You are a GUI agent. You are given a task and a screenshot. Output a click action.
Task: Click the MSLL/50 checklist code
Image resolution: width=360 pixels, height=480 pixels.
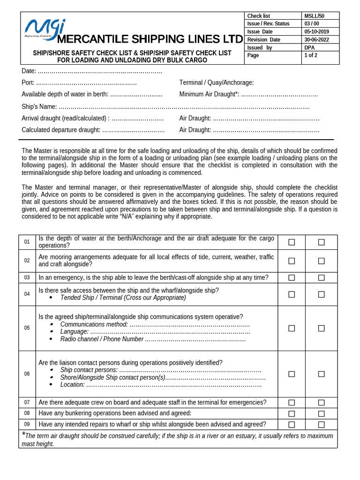pyautogui.click(x=314, y=16)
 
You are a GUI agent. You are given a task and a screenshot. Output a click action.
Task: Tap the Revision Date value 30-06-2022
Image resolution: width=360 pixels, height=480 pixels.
pyautogui.click(x=316, y=39)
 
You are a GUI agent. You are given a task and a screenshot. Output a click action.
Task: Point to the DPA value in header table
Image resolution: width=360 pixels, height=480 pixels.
pyautogui.click(x=309, y=47)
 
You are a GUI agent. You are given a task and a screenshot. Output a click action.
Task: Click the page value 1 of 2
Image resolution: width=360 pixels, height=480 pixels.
pyautogui.click(x=310, y=55)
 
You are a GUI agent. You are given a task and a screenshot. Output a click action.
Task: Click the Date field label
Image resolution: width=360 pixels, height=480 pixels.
pyautogui.click(x=29, y=71)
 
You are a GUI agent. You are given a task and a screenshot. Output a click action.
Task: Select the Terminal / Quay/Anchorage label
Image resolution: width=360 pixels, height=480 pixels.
pyautogui.click(x=216, y=82)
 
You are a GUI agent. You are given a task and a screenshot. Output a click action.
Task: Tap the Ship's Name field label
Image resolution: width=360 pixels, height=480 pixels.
pyautogui.click(x=39, y=106)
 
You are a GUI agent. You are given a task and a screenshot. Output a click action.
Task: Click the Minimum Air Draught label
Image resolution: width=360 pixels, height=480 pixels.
pyautogui.click(x=209, y=94)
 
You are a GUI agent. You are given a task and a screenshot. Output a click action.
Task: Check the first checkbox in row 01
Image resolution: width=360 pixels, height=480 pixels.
pyautogui.click(x=292, y=242)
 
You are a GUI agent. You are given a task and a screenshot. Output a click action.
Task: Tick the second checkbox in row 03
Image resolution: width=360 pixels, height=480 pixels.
pyautogui.click(x=321, y=277)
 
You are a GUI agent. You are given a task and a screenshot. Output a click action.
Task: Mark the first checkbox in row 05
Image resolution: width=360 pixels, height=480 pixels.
pyautogui.click(x=292, y=328)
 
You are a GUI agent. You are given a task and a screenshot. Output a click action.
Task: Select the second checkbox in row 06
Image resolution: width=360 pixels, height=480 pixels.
pyautogui.click(x=321, y=374)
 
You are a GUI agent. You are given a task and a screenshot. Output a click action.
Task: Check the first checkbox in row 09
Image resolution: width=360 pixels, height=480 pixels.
pyautogui.click(x=292, y=425)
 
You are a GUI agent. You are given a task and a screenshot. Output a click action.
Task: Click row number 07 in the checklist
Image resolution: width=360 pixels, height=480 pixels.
pyautogui.click(x=27, y=403)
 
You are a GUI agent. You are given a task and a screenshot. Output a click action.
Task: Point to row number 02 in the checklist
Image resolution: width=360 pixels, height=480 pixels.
pyautogui.click(x=27, y=261)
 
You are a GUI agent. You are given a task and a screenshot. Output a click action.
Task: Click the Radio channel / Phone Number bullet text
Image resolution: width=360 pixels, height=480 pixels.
pyautogui.click(x=102, y=339)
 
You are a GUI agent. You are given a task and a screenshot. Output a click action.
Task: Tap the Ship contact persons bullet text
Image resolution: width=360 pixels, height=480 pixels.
pyautogui.click(x=89, y=370)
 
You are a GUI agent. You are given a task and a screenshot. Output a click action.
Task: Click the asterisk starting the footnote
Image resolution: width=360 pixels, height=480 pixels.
pyautogui.click(x=23, y=435)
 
